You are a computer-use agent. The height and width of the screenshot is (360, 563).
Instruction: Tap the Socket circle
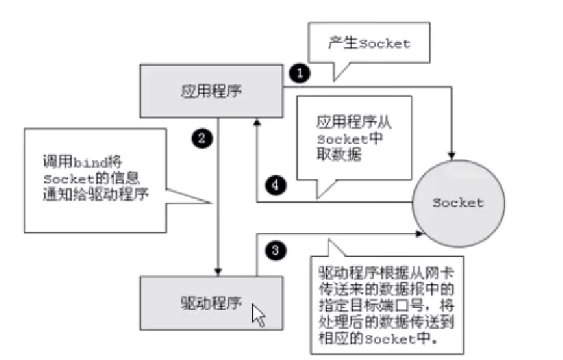[457, 203]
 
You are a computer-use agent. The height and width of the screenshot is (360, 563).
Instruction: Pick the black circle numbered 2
[200, 135]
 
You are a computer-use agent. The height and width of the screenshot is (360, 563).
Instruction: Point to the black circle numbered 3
[275, 251]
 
